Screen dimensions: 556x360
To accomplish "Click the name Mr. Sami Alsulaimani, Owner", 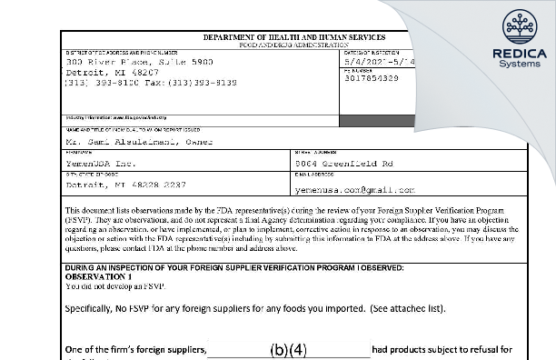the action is (138, 142).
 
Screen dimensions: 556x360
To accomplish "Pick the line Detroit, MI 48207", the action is (98, 71).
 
